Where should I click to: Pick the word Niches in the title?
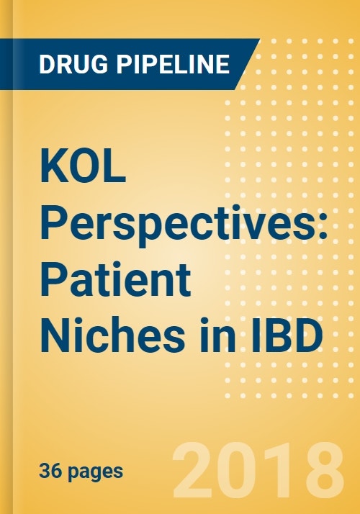[x=112, y=337]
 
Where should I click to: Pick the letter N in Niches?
[x=55, y=337]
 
